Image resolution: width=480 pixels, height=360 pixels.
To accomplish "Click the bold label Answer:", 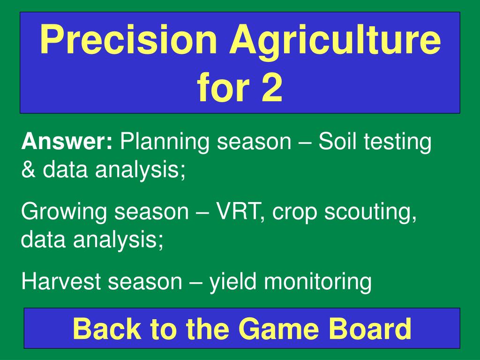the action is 67,142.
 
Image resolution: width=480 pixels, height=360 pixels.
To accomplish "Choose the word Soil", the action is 337,142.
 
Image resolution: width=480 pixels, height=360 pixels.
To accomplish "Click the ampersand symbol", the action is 29,169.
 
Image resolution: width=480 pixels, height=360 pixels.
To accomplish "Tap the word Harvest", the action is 61,281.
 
